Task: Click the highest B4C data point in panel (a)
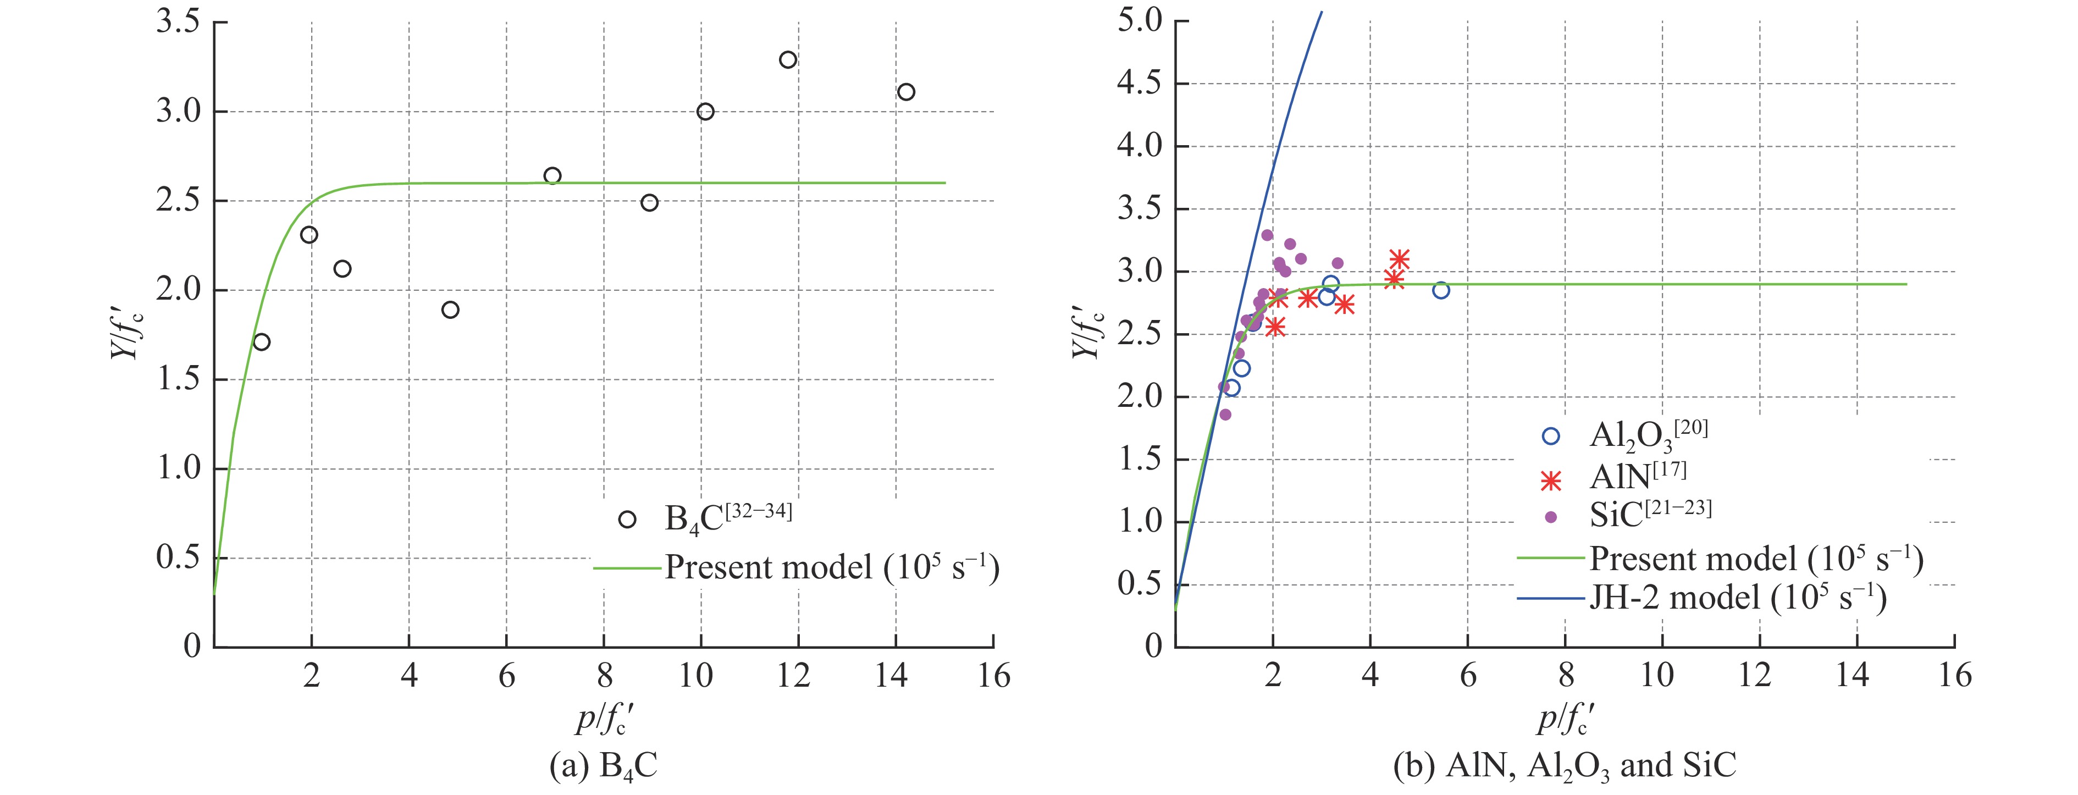tap(788, 60)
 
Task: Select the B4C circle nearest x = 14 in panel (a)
tap(906, 92)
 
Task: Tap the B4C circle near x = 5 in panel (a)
tap(451, 310)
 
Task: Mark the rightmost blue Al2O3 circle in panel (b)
tap(1441, 290)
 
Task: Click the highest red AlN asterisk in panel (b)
tap(1400, 259)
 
